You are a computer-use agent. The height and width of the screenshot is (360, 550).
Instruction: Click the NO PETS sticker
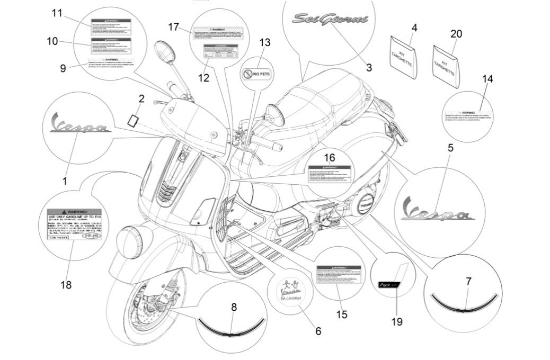256,74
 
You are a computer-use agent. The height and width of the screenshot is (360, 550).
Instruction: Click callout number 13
264,42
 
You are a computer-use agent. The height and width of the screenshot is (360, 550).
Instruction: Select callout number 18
66,285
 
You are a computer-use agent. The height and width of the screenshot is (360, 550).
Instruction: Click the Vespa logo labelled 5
438,209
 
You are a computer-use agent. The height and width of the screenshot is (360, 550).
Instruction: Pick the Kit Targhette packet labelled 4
403,55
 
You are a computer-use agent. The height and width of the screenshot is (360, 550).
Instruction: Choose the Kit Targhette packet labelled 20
445,66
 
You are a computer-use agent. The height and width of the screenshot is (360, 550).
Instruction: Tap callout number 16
329,158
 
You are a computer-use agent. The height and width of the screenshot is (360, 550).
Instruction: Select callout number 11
57,13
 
